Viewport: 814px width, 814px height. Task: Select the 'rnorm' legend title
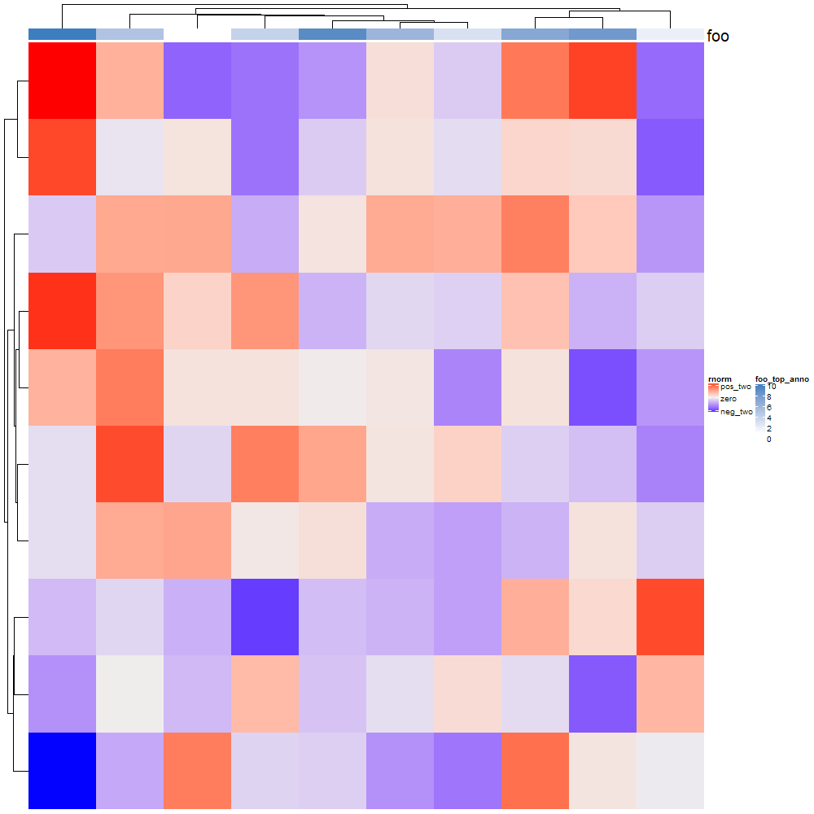tap(719, 379)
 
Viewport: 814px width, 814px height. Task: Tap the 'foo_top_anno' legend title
tap(782, 379)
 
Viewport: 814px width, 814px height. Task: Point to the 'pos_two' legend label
tap(736, 387)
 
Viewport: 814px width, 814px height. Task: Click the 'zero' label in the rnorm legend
tap(729, 400)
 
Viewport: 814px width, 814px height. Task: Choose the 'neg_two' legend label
tap(737, 412)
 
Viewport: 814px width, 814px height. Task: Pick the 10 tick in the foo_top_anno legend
tap(771, 387)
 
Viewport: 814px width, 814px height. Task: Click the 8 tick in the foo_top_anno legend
tap(769, 397)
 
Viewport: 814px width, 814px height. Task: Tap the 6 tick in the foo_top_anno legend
tap(769, 408)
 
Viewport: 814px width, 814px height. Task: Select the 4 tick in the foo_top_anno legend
tap(769, 418)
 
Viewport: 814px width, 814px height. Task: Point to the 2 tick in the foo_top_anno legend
tap(769, 429)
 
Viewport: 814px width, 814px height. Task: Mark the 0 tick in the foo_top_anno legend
tap(769, 440)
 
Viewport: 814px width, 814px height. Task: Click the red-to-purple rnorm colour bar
tap(713, 399)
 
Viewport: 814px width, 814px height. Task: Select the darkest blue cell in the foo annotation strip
tap(62, 34)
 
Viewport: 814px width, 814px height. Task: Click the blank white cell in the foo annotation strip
tap(197, 34)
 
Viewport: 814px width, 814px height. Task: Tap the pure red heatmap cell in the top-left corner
tap(62, 80)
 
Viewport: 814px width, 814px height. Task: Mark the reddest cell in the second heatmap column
tap(129, 463)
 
